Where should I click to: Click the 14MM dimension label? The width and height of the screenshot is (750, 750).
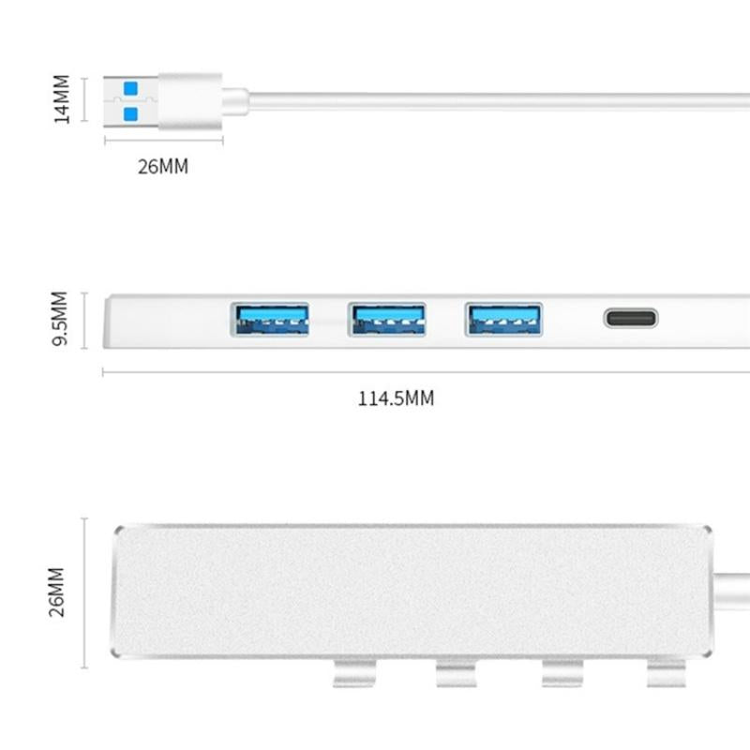click(63, 99)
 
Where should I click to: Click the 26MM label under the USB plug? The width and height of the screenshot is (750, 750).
click(163, 167)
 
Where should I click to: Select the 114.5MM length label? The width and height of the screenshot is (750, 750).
click(396, 398)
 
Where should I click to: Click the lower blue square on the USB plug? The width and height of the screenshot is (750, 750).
click(130, 112)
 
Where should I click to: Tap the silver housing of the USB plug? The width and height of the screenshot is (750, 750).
click(190, 100)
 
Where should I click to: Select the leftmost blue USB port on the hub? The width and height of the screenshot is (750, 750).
click(270, 320)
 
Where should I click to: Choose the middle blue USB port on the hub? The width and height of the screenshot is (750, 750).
click(386, 320)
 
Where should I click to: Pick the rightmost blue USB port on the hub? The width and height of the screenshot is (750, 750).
click(503, 320)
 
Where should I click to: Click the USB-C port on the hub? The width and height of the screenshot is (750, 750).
click(630, 318)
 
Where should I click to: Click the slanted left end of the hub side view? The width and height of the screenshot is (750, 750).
click(114, 322)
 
